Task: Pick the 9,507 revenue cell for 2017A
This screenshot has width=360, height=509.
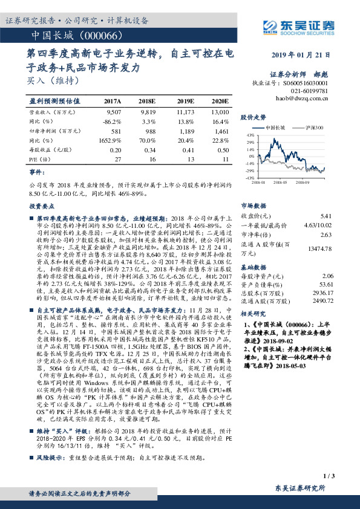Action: click(113, 112)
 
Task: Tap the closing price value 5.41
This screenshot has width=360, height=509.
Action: click(327, 215)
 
